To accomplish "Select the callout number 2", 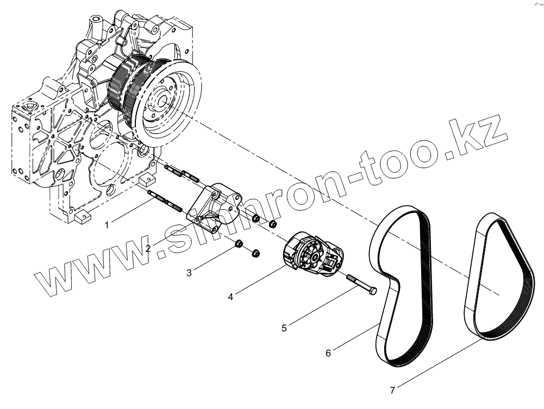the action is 148,248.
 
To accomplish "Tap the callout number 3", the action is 189,273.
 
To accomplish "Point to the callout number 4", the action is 230,297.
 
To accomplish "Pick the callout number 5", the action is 284,328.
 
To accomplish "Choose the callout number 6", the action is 328,353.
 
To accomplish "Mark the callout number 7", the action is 392,389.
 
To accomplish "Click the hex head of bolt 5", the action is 372,292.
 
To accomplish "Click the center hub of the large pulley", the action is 162,101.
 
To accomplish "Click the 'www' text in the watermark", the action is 87,272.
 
